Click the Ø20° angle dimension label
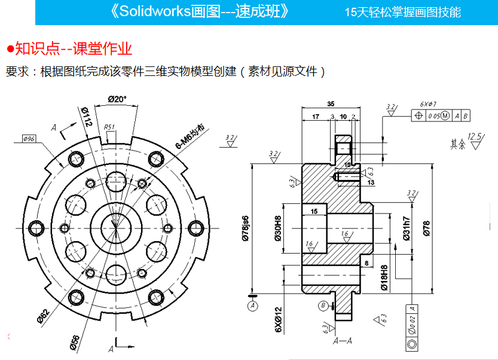pos(118,99)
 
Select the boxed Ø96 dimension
pos(29,139)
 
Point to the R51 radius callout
pos(109,127)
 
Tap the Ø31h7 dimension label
pos(406,228)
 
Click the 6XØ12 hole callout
pos(278,320)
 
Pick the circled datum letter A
pos(252,305)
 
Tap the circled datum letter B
pos(323,306)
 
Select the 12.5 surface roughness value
pos(475,136)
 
